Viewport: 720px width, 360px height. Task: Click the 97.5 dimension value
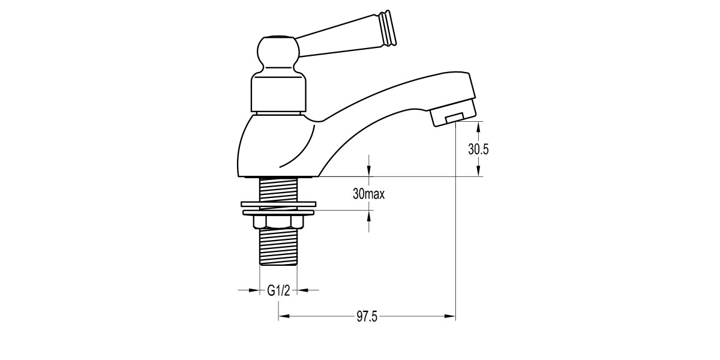pyautogui.click(x=366, y=317)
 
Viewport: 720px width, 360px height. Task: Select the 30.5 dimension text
pyautogui.click(x=478, y=150)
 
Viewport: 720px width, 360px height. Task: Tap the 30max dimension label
pyautogui.click(x=368, y=194)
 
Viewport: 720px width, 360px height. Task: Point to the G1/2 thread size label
pyautogui.click(x=278, y=290)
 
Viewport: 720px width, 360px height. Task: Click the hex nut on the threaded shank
pyautogui.click(x=278, y=222)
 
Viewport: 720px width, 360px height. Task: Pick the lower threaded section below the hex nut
pyautogui.click(x=278, y=246)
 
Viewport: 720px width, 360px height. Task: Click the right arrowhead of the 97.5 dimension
pyautogui.click(x=450, y=316)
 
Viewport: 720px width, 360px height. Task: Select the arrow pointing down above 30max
pyautogui.click(x=368, y=171)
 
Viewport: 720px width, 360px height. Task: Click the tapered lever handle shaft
pyautogui.click(x=342, y=41)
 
